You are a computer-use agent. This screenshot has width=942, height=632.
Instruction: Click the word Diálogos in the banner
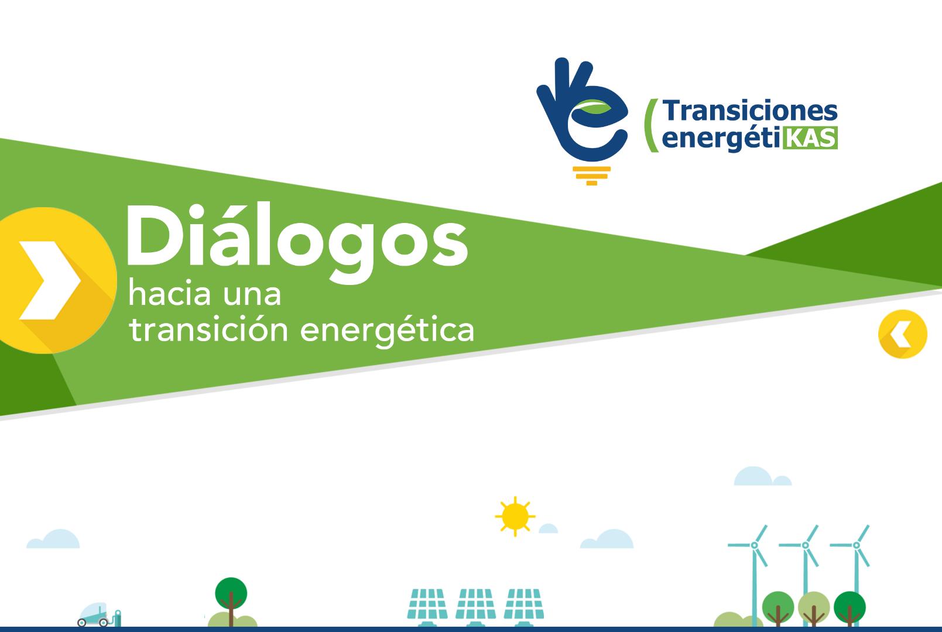click(x=296, y=242)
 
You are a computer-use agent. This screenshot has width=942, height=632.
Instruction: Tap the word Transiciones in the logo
click(x=750, y=111)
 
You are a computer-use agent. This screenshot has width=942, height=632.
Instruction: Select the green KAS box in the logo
click(x=810, y=138)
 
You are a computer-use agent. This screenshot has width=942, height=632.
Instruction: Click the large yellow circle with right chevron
click(x=54, y=280)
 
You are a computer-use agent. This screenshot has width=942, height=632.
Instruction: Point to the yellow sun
click(x=515, y=517)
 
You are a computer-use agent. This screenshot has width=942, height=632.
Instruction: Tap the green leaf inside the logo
click(x=594, y=107)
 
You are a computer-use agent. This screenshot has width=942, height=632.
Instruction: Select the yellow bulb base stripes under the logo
click(x=592, y=176)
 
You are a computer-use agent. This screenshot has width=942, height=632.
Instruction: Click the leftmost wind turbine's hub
click(x=755, y=545)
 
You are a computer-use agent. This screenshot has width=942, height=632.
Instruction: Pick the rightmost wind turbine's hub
click(x=856, y=545)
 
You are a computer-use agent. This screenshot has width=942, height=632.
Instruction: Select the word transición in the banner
click(x=208, y=329)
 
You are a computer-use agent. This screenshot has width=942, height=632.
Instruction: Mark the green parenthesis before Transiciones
click(x=651, y=125)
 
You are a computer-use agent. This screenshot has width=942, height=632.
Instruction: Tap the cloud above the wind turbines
click(x=762, y=476)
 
